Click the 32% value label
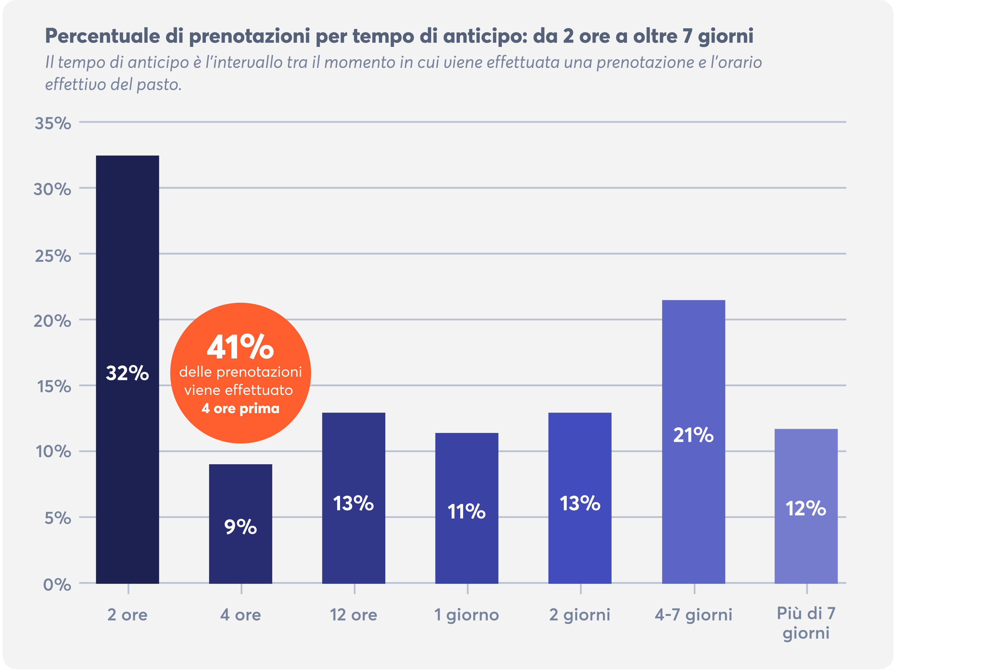[x=127, y=373]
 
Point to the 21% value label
[x=693, y=435]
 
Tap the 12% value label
[x=806, y=508]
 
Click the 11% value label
[x=467, y=511]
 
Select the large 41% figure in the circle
[x=241, y=347]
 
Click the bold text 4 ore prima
[x=241, y=409]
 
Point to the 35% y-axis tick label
[x=53, y=123]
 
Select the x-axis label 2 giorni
[x=580, y=615]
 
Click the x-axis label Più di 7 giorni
[x=806, y=623]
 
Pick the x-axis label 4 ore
[x=241, y=615]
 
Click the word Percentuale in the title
[x=103, y=36]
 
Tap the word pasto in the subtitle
[x=159, y=85]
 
